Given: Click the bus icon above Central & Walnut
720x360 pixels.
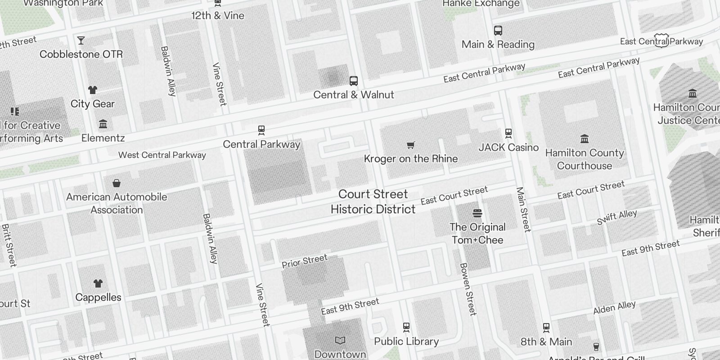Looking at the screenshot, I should pos(354,81).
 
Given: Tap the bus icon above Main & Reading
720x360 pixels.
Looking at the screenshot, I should pos(498,31).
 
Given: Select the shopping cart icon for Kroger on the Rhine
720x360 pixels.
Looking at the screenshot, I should pos(410,145).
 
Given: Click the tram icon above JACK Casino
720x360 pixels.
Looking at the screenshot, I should pos(508,133).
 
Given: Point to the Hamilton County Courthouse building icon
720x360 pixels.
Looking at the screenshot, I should pos(585,139).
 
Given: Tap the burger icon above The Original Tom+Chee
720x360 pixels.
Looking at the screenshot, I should pos(477,213).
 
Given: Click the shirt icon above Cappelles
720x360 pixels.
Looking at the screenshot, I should pos(98,283).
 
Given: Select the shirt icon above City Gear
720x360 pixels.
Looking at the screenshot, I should pos(93,90).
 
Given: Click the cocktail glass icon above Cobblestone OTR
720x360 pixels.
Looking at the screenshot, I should pos(81,40).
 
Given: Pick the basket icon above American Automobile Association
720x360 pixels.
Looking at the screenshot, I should pos(117,183).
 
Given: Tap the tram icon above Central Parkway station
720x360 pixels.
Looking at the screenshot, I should pos(261,130).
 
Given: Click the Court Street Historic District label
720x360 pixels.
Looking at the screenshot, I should pos(373,202).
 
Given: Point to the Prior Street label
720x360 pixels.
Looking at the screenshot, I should pos(305,261).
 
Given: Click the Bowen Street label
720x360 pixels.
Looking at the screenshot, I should pos(468,289).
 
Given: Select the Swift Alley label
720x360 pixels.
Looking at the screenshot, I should pos(617,217).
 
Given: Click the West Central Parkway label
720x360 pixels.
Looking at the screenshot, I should pos(162,155).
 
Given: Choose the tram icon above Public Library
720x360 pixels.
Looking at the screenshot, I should pos(406,327).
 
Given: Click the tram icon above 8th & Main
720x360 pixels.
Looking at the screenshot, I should pos(546,328).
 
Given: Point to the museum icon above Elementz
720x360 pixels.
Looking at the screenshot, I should pos(103,124).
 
